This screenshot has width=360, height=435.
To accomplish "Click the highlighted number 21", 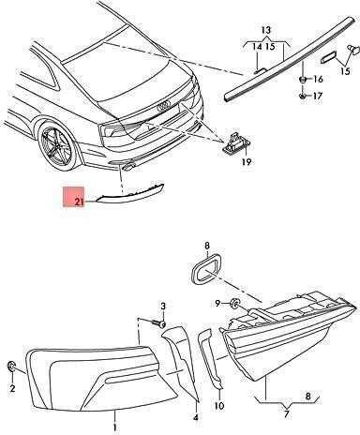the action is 79,202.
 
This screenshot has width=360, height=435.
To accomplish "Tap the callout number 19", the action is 247,162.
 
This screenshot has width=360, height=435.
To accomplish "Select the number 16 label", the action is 318,79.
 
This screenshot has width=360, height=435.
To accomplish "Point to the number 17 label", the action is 317,96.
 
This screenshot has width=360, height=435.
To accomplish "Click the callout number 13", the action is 266,30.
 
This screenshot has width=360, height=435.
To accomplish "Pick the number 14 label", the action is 257,47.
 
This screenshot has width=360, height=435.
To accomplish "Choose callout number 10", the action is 219,406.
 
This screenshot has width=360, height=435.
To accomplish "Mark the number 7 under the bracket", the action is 286,414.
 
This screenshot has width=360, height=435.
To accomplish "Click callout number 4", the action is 196,417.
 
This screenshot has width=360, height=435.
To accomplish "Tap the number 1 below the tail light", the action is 114,427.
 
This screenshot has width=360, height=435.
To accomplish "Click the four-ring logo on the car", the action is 164,107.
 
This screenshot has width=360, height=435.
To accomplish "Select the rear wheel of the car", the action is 57,146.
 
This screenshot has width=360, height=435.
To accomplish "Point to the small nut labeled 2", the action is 11,366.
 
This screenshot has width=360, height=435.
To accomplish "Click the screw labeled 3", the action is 159,323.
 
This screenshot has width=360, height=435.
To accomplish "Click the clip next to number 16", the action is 303,79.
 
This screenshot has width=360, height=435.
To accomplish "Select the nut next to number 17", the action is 303,95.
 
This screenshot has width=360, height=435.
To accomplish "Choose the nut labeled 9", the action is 233,303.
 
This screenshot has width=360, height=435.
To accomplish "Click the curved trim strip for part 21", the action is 129,193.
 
